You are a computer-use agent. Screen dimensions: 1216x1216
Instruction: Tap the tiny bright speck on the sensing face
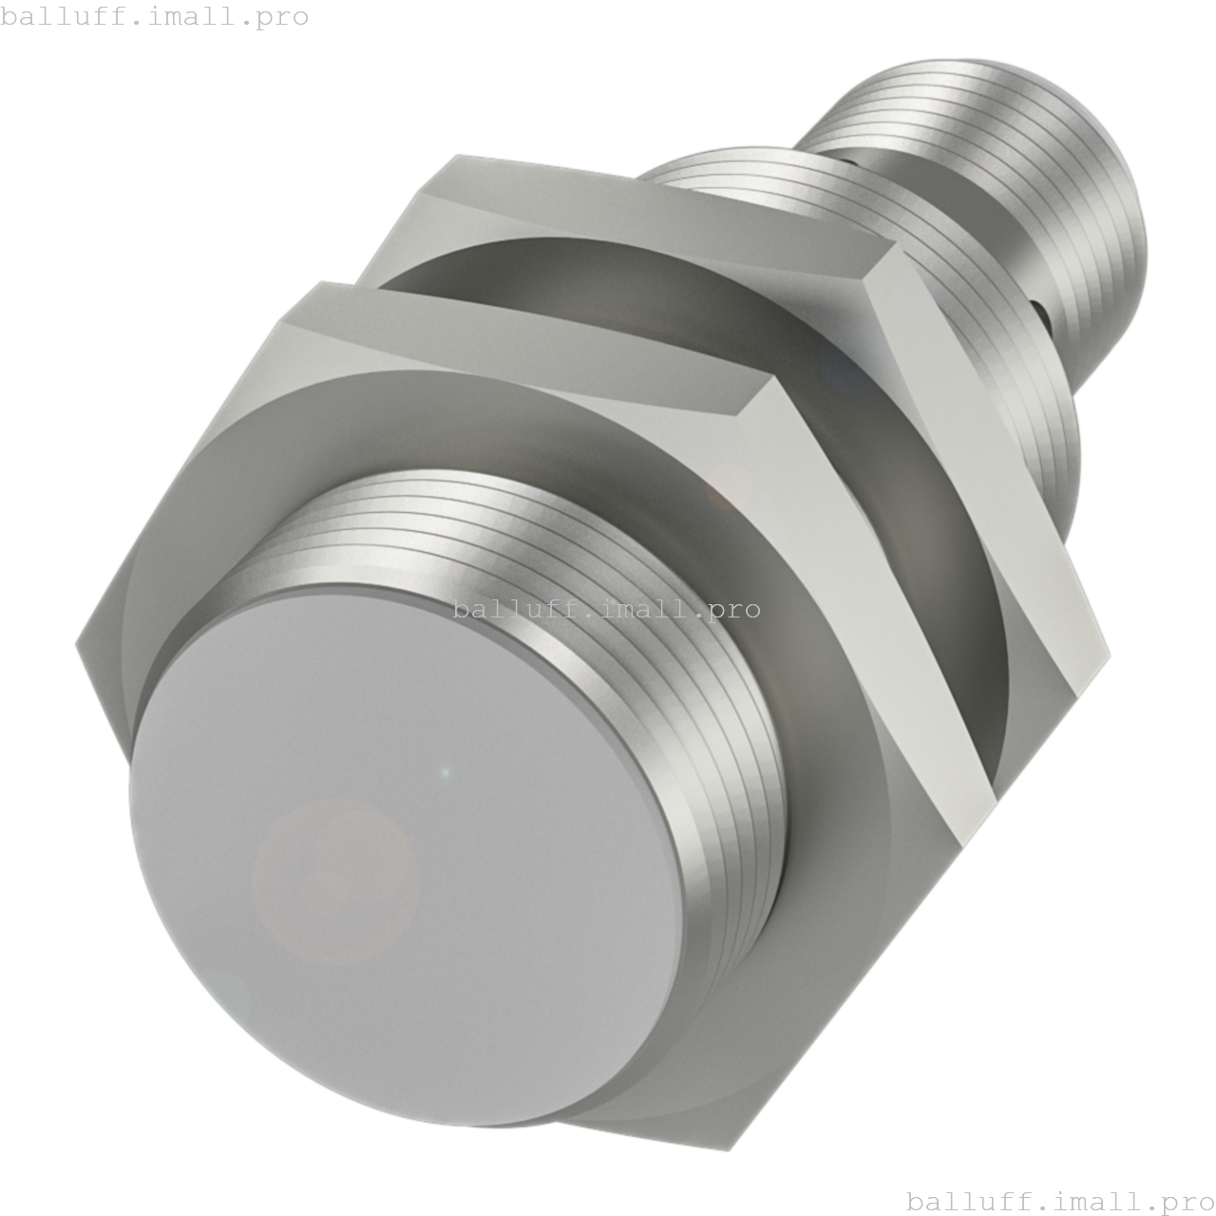[446, 772]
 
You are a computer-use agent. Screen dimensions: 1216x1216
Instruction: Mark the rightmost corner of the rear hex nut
[1107, 655]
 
